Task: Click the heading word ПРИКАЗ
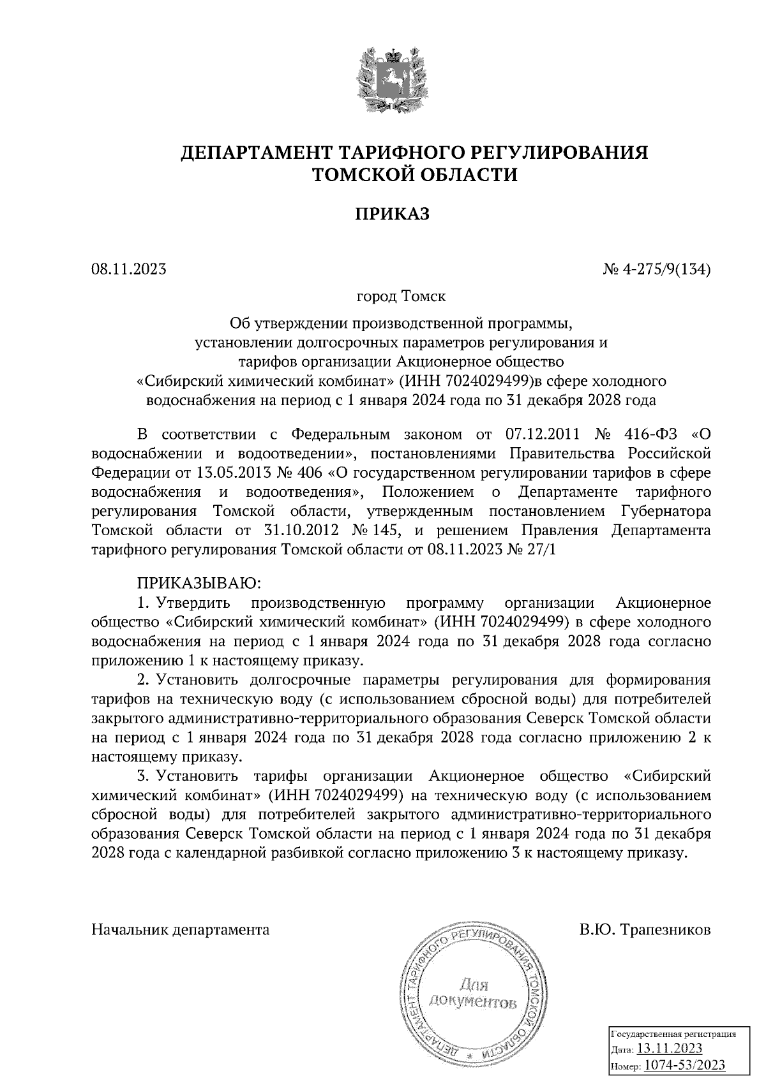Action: tap(392, 214)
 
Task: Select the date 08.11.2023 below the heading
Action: tap(129, 269)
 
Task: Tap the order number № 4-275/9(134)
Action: tap(657, 269)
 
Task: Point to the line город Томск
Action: tap(401, 297)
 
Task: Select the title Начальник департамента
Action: tap(181, 929)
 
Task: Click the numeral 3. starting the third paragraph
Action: tap(144, 776)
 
